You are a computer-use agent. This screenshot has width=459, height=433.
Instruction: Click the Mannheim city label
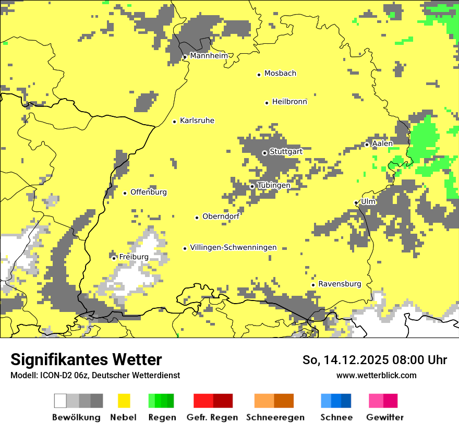click(209, 56)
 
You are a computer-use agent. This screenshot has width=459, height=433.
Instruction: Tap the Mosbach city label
click(280, 74)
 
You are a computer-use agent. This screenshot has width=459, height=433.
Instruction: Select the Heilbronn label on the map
click(289, 102)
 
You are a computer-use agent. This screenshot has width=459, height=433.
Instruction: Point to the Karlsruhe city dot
click(174, 122)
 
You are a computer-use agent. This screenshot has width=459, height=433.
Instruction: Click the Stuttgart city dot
click(264, 153)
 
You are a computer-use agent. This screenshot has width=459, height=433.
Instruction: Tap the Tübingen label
click(274, 185)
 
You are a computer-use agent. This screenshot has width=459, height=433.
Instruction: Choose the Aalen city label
click(382, 143)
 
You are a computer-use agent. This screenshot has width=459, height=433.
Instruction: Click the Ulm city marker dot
click(356, 203)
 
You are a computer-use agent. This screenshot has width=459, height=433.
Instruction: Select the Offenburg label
click(149, 192)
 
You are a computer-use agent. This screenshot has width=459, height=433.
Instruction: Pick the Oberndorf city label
click(221, 216)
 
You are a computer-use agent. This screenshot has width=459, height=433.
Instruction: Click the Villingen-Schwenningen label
click(233, 248)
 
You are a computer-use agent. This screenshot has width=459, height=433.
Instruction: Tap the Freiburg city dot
click(114, 258)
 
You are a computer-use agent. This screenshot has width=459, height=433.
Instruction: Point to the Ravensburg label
click(340, 284)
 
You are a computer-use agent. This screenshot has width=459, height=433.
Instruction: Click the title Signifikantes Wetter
click(86, 360)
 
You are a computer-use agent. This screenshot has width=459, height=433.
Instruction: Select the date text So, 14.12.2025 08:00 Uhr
click(375, 360)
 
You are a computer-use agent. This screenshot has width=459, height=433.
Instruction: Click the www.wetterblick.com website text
click(376, 376)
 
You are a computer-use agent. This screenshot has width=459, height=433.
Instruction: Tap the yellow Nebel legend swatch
click(124, 401)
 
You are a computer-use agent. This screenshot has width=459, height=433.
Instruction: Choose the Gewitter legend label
click(384, 417)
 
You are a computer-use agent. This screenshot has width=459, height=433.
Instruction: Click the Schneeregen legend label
click(275, 417)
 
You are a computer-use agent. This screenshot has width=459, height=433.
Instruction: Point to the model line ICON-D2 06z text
click(95, 376)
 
